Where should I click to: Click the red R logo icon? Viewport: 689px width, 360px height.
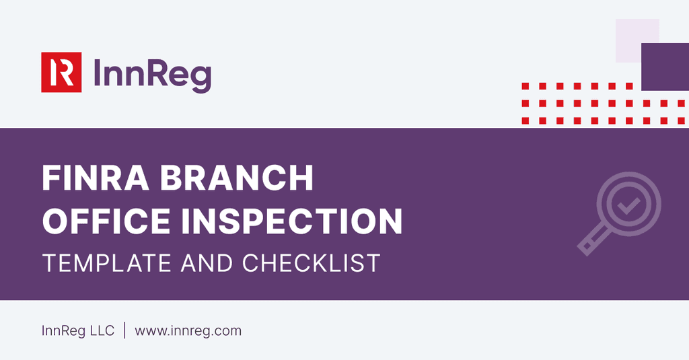[x=61, y=72]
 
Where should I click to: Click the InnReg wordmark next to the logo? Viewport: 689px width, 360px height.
[x=152, y=73]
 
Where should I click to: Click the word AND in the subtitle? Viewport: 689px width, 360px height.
[x=205, y=262]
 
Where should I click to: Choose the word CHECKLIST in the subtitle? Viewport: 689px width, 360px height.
[x=312, y=262]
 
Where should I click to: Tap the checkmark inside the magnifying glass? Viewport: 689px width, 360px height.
[x=628, y=205]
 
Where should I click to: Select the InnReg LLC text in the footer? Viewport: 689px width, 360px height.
[x=77, y=331]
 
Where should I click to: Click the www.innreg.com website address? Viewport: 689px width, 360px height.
[x=188, y=331]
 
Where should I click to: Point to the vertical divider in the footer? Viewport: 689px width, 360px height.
[x=124, y=331]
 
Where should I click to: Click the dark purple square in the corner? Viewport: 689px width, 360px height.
[x=664, y=67]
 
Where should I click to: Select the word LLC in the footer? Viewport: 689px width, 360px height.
[x=101, y=331]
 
